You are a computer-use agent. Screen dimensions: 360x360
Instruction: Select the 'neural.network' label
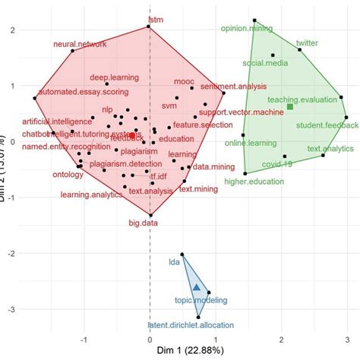80,44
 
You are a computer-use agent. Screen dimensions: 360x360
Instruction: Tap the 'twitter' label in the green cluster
307,43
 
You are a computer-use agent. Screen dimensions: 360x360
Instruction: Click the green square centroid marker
289,107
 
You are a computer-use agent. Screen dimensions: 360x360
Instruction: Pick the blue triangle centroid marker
197,287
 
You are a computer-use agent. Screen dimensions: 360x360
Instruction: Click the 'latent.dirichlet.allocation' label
191,325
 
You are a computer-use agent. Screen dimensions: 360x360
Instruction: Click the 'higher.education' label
254,182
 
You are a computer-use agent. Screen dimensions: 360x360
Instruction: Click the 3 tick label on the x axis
346,339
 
